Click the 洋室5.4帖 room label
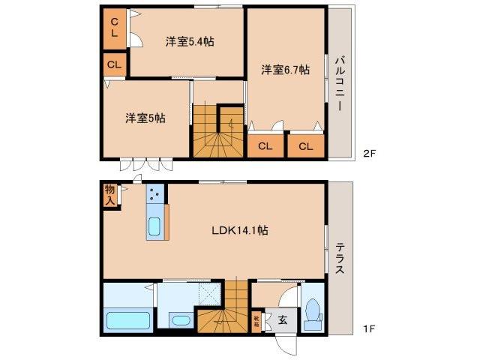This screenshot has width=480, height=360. point(190,42)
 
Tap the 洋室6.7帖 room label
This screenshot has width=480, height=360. point(286,70)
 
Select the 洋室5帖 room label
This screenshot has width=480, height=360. point(145,118)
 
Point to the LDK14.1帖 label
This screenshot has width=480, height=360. point(238,232)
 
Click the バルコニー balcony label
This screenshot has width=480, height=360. point(339,82)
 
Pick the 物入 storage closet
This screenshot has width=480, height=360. point(110,194)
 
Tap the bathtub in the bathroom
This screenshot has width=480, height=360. point(129,321)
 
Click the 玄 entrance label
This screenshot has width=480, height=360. point(282,320)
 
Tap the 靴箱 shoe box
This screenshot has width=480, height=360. point(256,321)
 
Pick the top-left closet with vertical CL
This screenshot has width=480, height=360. point(115,28)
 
